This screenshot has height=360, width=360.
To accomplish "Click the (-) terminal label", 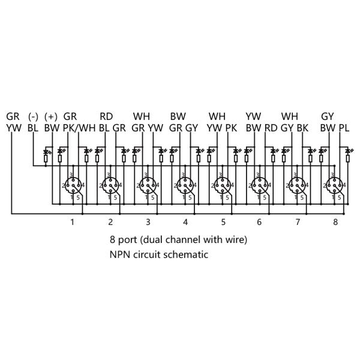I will (33, 116).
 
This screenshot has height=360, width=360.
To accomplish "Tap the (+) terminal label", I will (51, 116).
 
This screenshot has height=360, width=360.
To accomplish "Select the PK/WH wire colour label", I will (79, 128).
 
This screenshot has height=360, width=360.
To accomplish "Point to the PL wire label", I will (344, 128).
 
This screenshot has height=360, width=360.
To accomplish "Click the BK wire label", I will (302, 128).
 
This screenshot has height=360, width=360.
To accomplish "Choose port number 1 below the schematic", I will (73, 222).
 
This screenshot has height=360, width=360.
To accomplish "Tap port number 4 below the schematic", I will (185, 222).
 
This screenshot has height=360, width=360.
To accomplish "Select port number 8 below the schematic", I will (335, 222).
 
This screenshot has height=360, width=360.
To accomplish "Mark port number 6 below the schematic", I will (259, 222).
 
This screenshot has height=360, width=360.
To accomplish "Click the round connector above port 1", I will (73, 185).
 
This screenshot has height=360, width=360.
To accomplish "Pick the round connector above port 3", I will (147, 185).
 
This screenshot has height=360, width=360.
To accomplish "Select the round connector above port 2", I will (110, 185).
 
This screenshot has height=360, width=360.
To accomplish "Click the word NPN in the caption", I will (120, 254).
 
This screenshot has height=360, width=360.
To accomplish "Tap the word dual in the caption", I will (152, 239).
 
